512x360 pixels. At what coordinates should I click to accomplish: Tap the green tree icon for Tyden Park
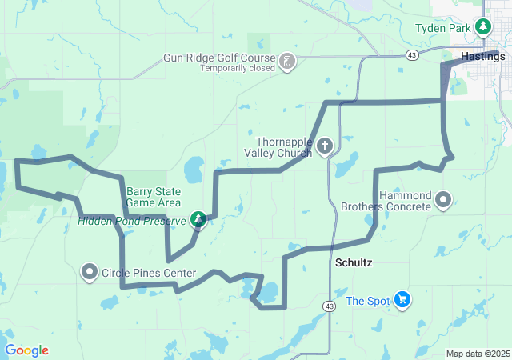tap(482, 28)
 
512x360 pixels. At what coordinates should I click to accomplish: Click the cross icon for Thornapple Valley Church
tap(324, 146)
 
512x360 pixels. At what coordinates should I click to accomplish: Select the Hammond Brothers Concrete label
tap(405, 201)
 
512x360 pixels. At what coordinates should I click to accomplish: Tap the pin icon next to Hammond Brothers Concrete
tap(443, 199)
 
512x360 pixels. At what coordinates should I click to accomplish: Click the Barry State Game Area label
tap(154, 197)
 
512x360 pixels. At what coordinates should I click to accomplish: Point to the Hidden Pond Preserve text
tap(131, 220)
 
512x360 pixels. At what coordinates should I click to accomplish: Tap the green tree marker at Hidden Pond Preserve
tap(198, 218)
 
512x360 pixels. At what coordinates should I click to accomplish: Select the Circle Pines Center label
tap(149, 274)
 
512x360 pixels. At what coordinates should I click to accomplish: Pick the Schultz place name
tap(353, 262)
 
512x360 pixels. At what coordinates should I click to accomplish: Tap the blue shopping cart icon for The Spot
tap(402, 300)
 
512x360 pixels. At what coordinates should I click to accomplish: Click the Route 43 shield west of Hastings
tap(411, 55)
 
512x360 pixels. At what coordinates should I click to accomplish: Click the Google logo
tap(27, 350)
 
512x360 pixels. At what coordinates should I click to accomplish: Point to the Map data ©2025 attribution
tap(477, 354)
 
